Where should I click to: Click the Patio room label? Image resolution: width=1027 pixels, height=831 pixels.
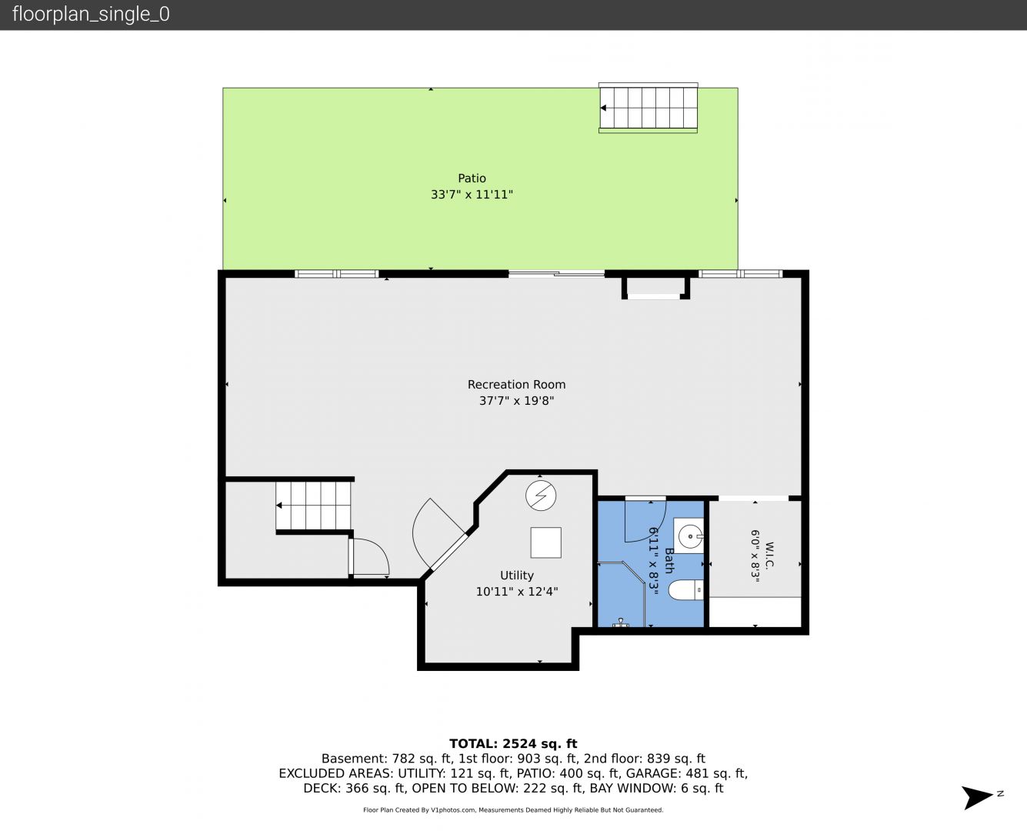pos(472,179)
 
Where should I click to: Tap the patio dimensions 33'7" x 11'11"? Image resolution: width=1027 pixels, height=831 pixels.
pos(472,195)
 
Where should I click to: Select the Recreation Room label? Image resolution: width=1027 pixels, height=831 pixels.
pos(516,385)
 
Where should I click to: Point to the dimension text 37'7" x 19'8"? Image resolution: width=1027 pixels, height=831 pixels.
pos(516,401)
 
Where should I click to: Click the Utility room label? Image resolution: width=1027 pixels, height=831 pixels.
pos(516,576)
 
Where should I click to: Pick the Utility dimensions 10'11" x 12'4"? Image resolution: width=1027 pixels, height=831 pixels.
pos(516,592)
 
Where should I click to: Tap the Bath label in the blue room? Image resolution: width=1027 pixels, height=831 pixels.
pos(669,561)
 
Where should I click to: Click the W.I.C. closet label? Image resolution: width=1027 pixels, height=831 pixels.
pos(769,556)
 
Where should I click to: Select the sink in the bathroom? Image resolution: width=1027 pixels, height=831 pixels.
pos(689,536)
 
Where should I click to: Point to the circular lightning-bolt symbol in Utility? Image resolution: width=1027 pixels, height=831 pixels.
pos(541,496)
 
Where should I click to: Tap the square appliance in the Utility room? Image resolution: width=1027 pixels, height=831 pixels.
pos(545,542)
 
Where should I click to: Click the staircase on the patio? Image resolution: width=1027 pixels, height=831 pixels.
pos(648,108)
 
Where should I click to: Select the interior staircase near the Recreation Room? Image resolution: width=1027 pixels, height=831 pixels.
pos(313,506)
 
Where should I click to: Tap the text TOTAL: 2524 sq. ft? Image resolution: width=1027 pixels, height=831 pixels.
pos(513,744)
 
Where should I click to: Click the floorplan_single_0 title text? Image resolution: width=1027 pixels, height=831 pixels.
pos(91,15)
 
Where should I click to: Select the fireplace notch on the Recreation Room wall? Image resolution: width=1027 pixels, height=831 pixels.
pos(655,288)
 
